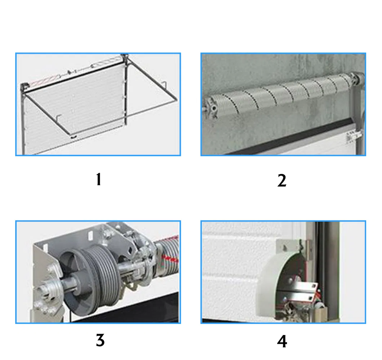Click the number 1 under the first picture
[x=98, y=179]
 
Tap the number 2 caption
[x=282, y=180]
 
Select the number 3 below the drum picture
[x=100, y=340]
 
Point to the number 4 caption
[x=282, y=341]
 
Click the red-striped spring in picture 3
[x=169, y=252]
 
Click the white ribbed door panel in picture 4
[x=234, y=263]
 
